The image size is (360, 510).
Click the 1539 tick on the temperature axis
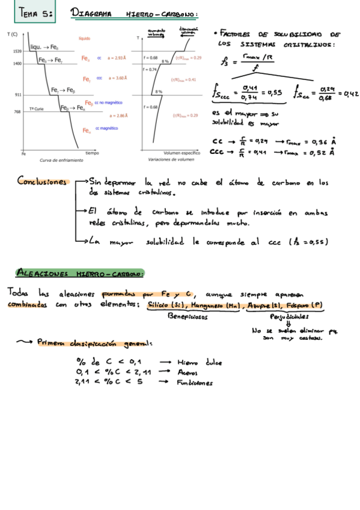pos(17,52)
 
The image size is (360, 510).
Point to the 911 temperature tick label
pos(18,95)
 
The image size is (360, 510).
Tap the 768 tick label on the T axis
pos(18,112)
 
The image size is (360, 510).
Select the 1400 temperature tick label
pos(17,63)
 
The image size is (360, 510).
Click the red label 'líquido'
pos(84,38)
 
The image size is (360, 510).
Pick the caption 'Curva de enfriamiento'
pos(61,161)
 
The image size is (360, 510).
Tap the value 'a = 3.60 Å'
pos(118,78)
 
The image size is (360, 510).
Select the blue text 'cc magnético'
pos(106,129)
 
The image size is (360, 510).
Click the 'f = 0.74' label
pos(150,69)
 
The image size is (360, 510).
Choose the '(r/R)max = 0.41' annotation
pos(183,79)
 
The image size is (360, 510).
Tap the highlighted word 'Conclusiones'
pos(42,180)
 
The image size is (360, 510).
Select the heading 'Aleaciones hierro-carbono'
pos(79,272)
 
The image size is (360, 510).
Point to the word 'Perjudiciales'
pos(290,316)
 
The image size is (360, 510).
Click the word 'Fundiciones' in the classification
pos(196,382)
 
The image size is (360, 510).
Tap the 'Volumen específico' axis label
pos(182,153)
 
